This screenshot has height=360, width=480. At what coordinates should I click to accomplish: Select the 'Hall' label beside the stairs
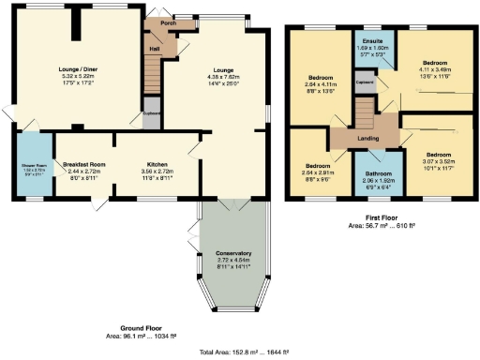click(x=154, y=50)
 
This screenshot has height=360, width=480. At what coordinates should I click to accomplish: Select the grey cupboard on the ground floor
click(x=151, y=115)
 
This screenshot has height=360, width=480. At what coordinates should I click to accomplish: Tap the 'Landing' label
click(x=367, y=139)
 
